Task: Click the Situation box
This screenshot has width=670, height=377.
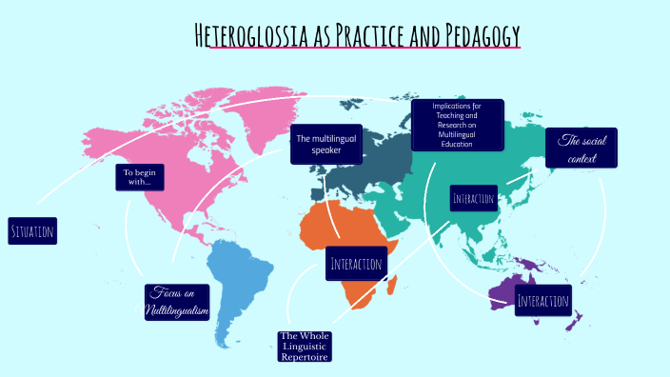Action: tap(32, 230)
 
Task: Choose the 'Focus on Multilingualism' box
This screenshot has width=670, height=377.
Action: tap(177, 302)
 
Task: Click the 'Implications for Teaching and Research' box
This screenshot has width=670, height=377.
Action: tap(457, 125)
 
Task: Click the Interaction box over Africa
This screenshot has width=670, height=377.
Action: tap(356, 263)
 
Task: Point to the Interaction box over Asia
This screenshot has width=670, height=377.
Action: tap(473, 199)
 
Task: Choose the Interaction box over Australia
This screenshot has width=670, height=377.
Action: tap(543, 302)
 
